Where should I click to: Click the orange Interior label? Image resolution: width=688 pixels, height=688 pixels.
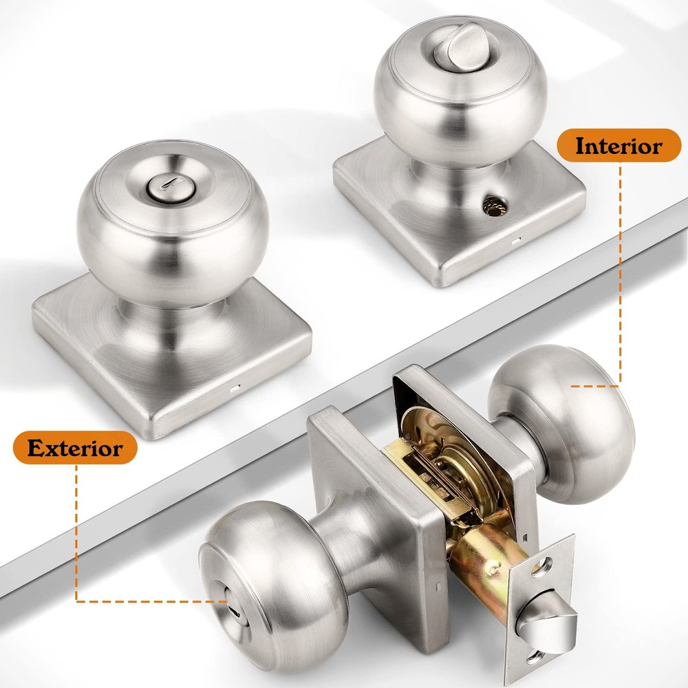[619, 146]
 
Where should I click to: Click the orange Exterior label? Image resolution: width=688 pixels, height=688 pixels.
[75, 449]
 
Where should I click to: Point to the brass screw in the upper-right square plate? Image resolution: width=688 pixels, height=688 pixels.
[492, 204]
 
